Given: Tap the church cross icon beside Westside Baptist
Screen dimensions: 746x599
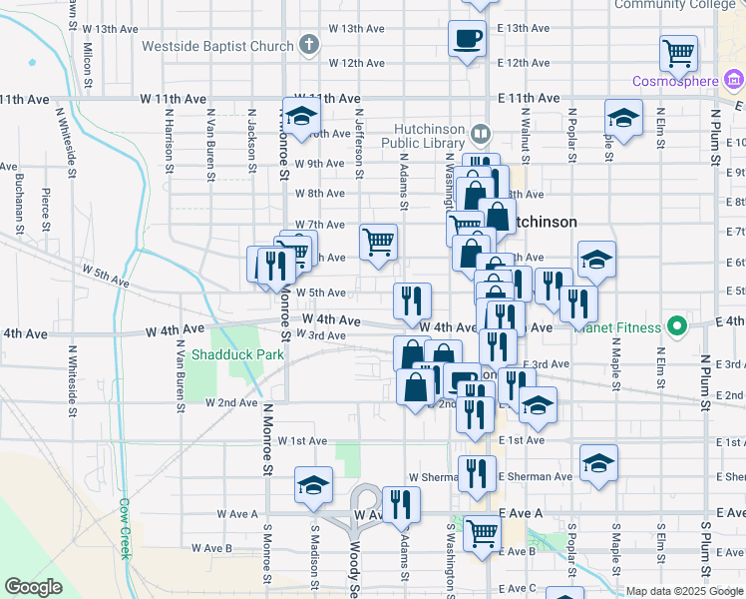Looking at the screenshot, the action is [x=310, y=46].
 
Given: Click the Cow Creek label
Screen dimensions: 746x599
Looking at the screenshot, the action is [x=126, y=529].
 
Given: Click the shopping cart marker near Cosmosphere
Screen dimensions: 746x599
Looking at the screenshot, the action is [x=679, y=52].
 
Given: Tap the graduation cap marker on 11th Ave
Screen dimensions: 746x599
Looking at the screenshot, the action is [x=623, y=118].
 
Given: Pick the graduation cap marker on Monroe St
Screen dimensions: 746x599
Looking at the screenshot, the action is [x=313, y=486].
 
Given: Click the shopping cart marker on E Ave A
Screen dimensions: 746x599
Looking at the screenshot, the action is [x=482, y=534].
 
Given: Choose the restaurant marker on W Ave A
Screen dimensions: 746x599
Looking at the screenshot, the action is [x=401, y=504].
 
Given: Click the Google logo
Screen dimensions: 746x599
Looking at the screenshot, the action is [x=33, y=587].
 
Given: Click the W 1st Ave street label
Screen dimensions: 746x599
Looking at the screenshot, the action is [x=302, y=440].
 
